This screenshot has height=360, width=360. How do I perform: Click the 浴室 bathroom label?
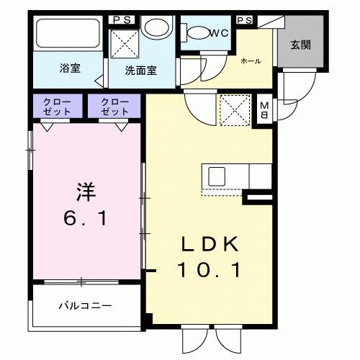(x=70, y=68)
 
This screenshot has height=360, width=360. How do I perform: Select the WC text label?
(x=219, y=32)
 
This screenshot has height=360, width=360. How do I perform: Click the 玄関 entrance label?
(x=300, y=44)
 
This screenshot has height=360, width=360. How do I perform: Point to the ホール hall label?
(x=251, y=60)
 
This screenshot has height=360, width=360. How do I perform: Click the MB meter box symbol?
(x=264, y=109)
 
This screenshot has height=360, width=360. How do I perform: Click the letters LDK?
(x=209, y=245)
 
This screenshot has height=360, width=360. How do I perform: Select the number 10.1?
(x=209, y=271)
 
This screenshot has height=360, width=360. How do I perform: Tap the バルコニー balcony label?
(x=85, y=306)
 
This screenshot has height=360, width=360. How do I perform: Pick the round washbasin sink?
(x=153, y=28)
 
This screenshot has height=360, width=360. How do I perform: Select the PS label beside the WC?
(x=244, y=19)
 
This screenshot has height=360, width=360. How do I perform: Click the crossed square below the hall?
(x=235, y=110)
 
